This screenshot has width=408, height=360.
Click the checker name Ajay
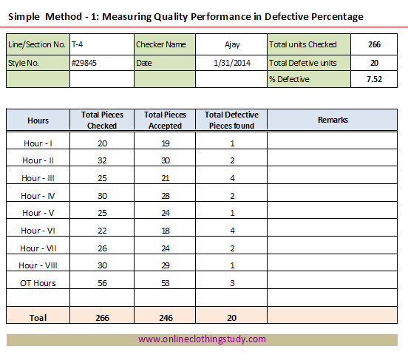[232, 45]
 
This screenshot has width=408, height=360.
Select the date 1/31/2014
[232, 63]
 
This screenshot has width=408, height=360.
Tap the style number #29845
[84, 63]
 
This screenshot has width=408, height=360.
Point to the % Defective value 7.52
[374, 79]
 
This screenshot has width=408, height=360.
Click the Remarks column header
[333, 120]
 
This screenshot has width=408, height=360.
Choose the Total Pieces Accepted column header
[165, 120]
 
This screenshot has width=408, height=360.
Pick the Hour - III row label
[38, 178]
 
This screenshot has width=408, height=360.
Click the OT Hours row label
[38, 283]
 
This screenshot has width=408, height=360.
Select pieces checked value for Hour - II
[102, 160]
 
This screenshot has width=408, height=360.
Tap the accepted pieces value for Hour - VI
[166, 231]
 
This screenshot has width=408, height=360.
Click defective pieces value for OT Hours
[232, 283]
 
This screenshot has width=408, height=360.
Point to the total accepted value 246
[166, 318]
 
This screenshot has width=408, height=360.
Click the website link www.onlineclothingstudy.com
[202, 339]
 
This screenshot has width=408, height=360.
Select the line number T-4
[77, 44]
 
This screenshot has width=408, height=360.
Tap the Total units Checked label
[302, 44]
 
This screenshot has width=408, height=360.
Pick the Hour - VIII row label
[38, 265]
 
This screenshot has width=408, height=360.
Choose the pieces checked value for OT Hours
[102, 283]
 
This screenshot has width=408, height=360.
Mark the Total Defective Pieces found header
[231, 120]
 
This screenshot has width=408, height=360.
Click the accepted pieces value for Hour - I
[166, 143]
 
